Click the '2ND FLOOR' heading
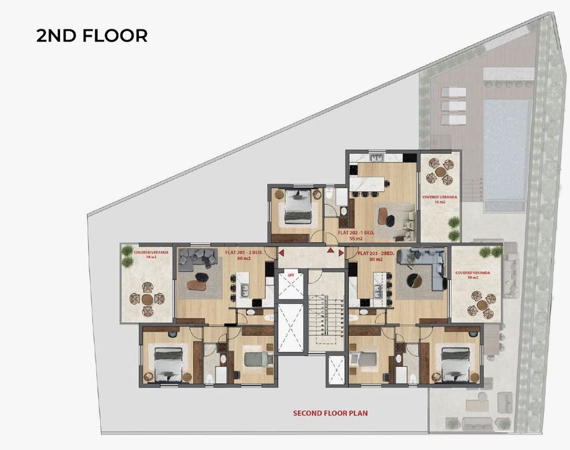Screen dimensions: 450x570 click(x=92, y=35)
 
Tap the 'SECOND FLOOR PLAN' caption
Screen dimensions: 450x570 click(x=330, y=413)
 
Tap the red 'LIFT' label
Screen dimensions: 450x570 click(x=290, y=274)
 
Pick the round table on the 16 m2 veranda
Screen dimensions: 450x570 click(x=439, y=171)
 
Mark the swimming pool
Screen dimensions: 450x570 click(x=507, y=150)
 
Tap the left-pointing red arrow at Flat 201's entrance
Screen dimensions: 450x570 click(x=281, y=253)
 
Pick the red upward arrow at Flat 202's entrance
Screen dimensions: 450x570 click(x=330, y=251)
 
